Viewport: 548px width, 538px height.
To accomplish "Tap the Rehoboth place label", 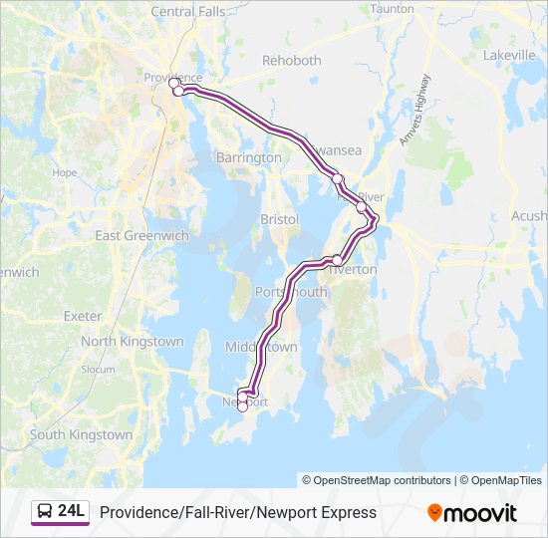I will pos(292,61).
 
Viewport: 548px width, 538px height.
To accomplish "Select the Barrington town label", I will pos(248,158).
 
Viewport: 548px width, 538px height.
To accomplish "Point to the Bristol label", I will pos(279,219).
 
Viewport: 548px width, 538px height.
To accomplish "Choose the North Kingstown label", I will pos(133,342).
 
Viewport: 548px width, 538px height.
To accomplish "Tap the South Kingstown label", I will pos(81,435).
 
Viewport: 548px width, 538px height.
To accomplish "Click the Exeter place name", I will pos(83,316).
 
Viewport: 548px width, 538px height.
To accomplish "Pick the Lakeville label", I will pos(510,56).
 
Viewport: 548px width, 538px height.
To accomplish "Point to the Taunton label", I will pos(392,9).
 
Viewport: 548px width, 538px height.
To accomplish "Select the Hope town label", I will pos(64,172).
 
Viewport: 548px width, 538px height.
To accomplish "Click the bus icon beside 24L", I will pos(45,512).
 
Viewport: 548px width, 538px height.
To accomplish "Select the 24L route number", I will pos(72,512).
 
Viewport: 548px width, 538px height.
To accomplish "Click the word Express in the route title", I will pos(349,513).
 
